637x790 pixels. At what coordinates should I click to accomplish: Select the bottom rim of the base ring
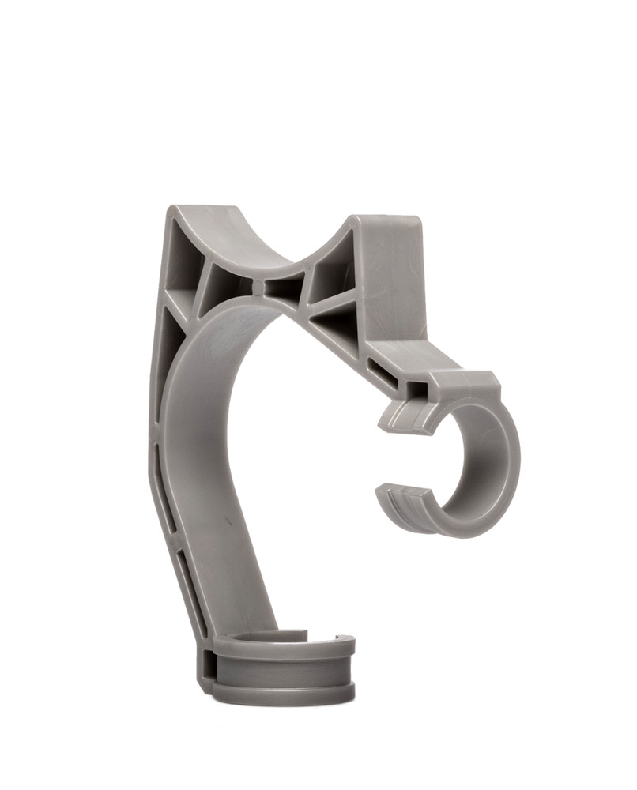(x=285, y=695)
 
